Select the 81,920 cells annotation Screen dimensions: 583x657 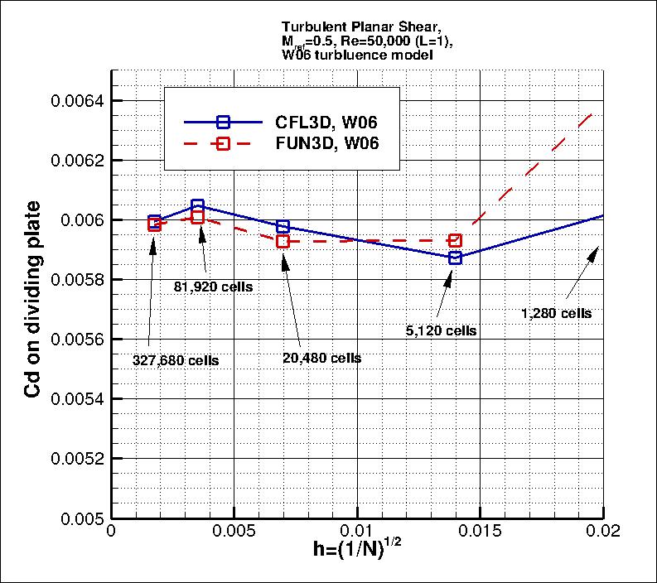(x=213, y=287)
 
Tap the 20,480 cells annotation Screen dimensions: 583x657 (x=321, y=358)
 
